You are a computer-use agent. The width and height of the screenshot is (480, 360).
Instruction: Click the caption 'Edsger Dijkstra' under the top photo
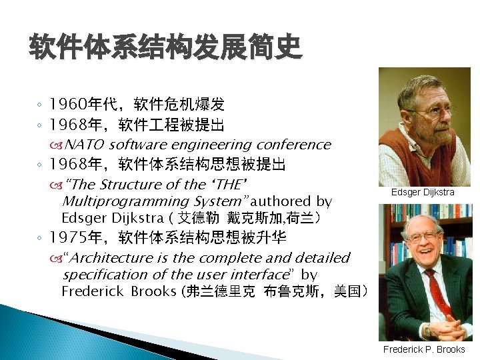point(423,193)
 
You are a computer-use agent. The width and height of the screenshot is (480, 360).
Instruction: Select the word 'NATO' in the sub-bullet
point(85,145)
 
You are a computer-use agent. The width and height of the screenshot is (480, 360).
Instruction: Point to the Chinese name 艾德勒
point(200,218)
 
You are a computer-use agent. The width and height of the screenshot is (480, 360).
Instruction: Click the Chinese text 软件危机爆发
point(179,105)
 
